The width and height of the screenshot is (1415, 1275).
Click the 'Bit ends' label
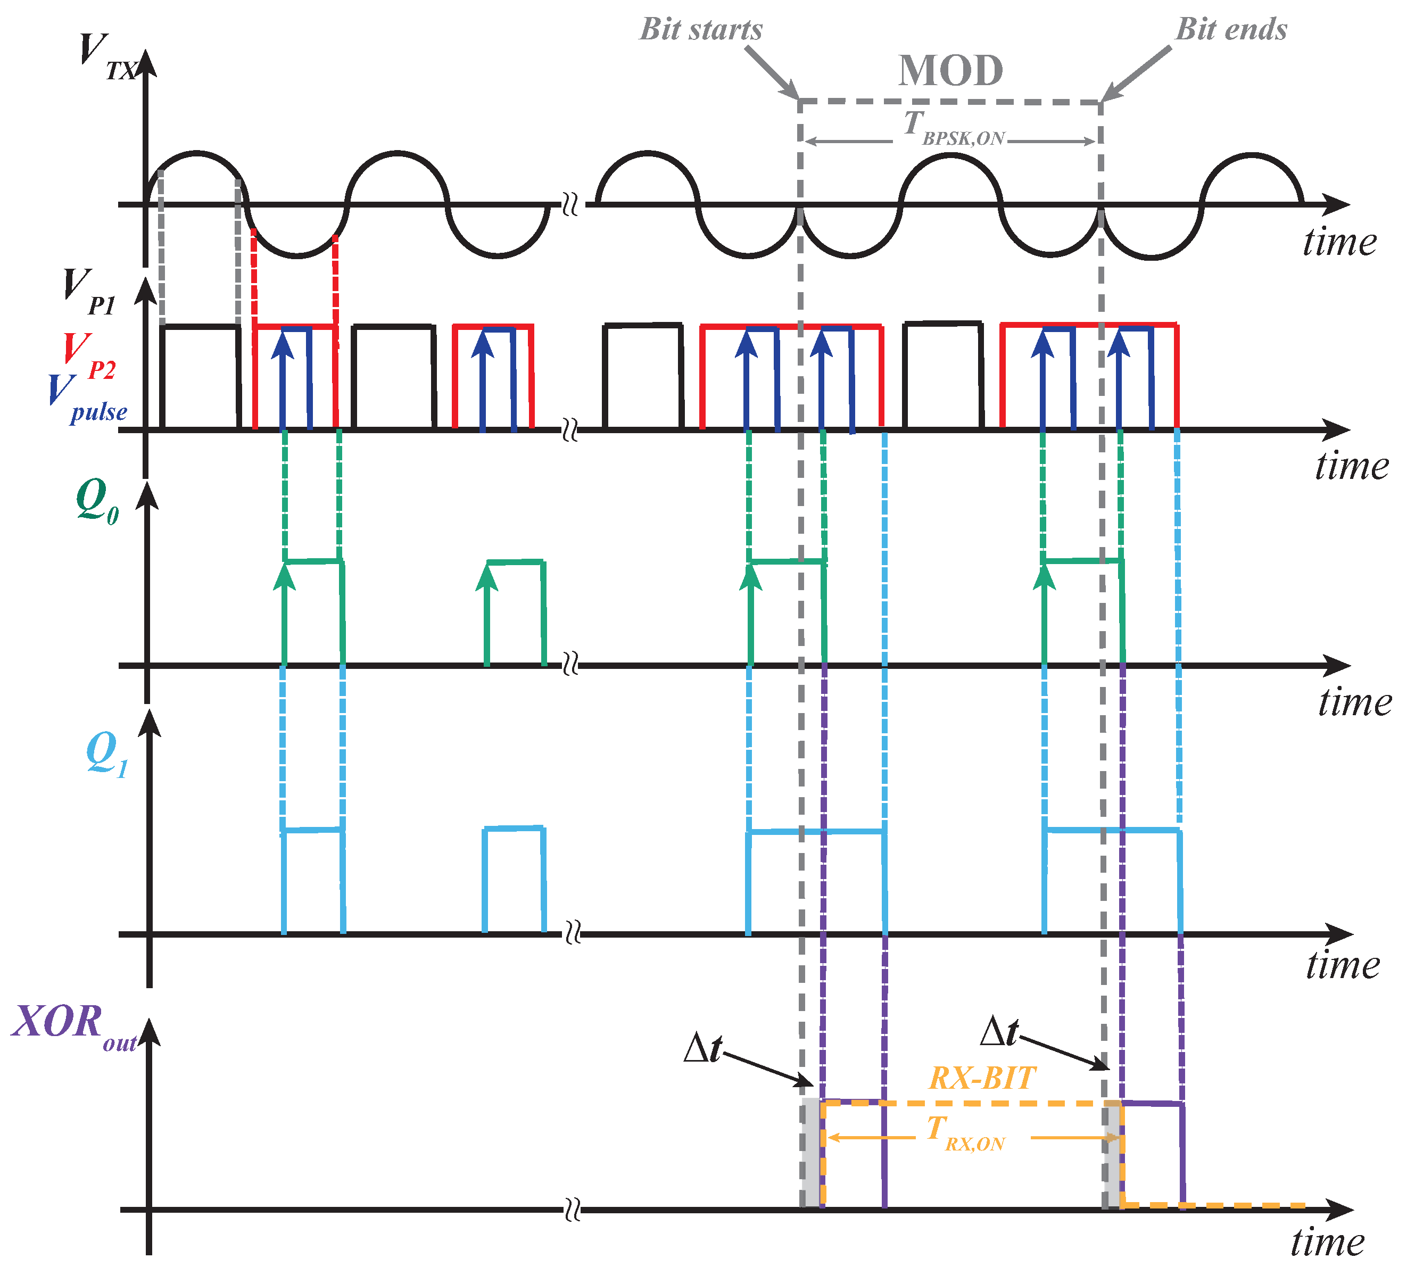[x=1231, y=29]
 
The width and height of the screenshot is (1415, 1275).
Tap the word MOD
[x=950, y=71]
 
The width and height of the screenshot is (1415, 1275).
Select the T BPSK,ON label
[x=953, y=128]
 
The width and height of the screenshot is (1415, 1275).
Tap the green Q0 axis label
[x=97, y=500]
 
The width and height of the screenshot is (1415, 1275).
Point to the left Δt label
[x=702, y=1049]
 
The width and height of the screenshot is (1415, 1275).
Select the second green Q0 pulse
[x=516, y=612]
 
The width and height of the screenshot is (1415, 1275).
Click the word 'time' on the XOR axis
[x=1327, y=1242]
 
